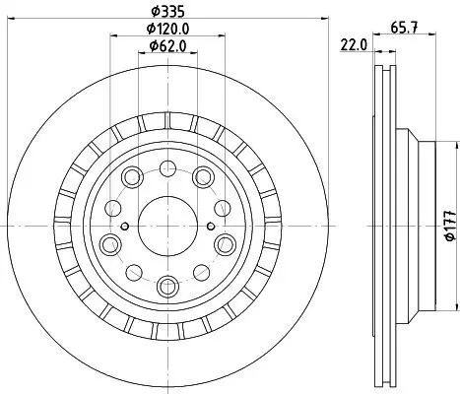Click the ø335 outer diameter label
click(x=164, y=11)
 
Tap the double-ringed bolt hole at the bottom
click(x=165, y=286)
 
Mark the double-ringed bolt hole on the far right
click(x=226, y=242)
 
